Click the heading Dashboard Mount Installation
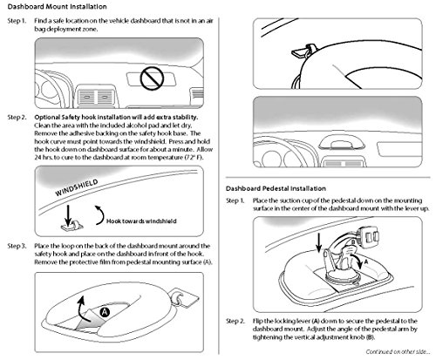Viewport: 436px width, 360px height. [57, 6]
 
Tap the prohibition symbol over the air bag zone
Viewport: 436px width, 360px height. [152, 78]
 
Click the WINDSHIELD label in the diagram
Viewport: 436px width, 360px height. [77, 187]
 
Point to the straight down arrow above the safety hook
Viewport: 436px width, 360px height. [68, 215]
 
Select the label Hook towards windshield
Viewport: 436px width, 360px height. [141, 221]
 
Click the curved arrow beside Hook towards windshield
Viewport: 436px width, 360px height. [102, 215]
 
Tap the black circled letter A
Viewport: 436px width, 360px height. [105, 312]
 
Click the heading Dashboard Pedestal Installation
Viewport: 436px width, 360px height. [276, 188]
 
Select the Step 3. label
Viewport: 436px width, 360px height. [17, 246]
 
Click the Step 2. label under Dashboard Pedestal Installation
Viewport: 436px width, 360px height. [235, 321]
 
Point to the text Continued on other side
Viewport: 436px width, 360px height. [398, 352]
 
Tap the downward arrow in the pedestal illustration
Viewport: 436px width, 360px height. [319, 243]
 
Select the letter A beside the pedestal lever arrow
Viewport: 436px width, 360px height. [366, 262]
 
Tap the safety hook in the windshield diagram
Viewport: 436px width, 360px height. [72, 225]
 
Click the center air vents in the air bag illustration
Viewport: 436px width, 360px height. [97, 98]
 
